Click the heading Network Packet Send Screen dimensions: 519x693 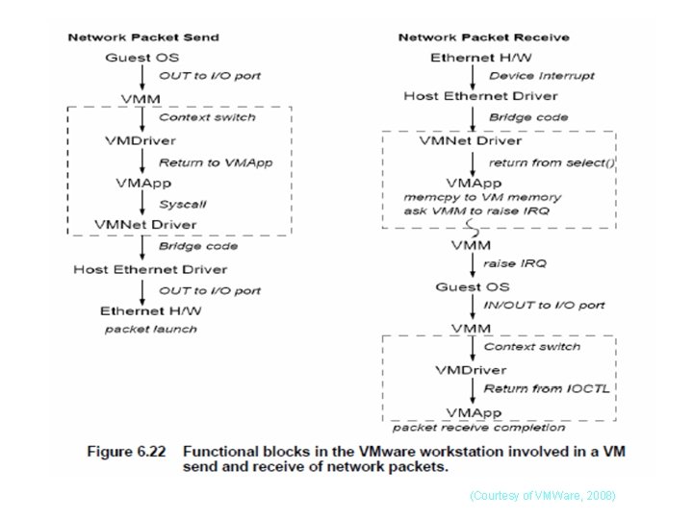pos(142,37)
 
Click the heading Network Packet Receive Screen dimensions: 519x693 pos(484,37)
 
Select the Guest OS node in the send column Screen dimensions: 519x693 pos(141,58)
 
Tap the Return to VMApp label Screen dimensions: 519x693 pos(216,162)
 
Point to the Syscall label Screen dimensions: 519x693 pos(182,204)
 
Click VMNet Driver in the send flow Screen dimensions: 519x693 pos(144,225)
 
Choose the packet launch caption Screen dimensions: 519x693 pos(150,329)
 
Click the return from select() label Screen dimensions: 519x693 pos(552,162)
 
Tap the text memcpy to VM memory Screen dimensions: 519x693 pos(482,197)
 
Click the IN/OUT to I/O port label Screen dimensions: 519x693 pos(544,305)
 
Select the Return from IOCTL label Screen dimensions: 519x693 pos(546,388)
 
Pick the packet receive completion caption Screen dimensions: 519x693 pos(478,428)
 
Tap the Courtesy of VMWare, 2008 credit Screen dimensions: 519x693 pos(542,495)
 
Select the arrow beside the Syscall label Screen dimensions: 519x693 pos(142,204)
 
